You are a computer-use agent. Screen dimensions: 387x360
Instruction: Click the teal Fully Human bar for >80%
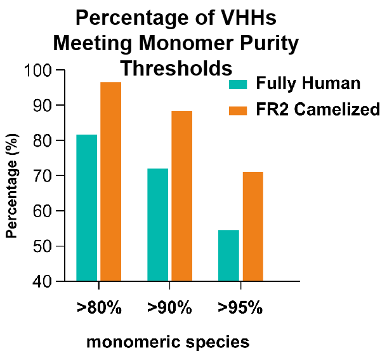[x=87, y=208]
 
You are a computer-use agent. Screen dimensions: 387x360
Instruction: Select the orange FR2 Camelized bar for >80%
[x=110, y=182]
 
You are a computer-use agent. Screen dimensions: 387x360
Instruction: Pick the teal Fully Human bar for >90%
[x=158, y=225]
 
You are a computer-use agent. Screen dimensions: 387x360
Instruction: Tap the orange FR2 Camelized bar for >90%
[x=182, y=196]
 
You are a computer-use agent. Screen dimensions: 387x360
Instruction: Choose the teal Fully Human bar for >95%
[x=228, y=255]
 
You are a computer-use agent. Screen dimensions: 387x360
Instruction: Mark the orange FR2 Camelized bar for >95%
[x=253, y=227]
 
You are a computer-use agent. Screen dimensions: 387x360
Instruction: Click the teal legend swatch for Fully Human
[x=238, y=84]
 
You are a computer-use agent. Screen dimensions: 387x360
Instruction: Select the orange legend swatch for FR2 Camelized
[x=238, y=110]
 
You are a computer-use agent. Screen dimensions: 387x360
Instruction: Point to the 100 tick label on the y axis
[x=38, y=70]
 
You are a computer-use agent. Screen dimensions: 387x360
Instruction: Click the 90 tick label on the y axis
[x=43, y=106]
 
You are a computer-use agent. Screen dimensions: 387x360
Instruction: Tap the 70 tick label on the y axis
[x=43, y=176]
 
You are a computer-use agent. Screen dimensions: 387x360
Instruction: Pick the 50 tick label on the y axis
[x=43, y=246]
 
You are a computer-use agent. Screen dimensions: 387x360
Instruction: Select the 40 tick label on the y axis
[x=43, y=282]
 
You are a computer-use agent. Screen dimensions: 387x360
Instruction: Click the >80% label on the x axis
[x=99, y=308]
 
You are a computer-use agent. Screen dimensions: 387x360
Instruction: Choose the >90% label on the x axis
[x=169, y=308]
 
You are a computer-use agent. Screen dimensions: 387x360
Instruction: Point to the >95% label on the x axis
[x=240, y=308]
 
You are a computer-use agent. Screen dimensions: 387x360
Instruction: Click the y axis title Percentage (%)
[x=12, y=186]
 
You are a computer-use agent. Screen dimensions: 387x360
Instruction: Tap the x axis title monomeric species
[x=168, y=342]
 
